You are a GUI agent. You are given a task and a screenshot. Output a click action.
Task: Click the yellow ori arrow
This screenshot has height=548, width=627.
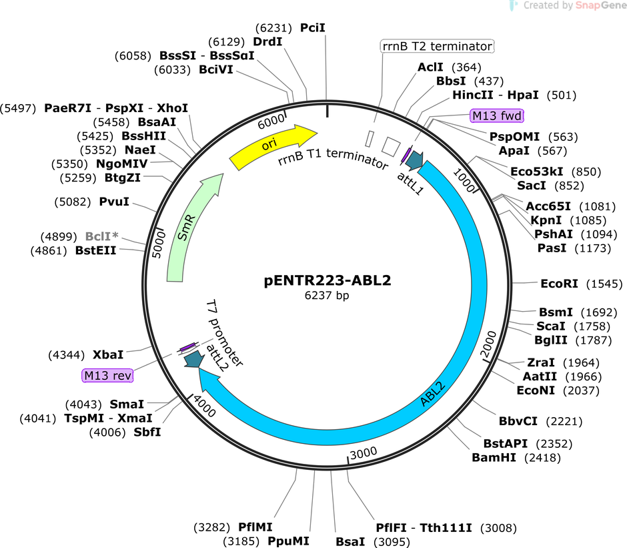(273, 146)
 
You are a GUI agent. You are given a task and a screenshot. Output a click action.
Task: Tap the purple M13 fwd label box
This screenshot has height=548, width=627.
(497, 115)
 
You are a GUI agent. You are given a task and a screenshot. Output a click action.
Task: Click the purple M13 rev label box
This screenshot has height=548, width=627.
(107, 376)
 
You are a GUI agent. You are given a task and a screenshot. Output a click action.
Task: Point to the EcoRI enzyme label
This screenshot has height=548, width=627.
(559, 284)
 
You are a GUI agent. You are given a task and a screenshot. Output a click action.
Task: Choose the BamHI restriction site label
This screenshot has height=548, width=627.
(494, 457)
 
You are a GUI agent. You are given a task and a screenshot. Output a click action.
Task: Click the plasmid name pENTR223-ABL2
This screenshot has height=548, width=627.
(327, 280)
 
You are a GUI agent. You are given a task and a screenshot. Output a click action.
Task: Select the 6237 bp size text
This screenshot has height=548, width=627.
(327, 296)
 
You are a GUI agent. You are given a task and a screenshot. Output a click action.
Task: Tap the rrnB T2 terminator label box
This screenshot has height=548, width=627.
(437, 47)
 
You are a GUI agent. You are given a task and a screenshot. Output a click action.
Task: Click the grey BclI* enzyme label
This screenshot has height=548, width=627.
(102, 236)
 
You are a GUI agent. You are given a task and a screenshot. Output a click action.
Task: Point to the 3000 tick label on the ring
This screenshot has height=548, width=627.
(364, 453)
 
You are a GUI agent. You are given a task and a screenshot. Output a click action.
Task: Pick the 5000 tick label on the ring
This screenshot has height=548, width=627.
(159, 244)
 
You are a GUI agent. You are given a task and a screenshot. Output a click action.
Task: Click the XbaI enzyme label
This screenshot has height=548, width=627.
(108, 354)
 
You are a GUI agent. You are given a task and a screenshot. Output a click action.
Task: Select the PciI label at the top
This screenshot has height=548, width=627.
(313, 28)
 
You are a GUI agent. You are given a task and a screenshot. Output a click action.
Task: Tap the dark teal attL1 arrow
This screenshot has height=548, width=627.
(414, 160)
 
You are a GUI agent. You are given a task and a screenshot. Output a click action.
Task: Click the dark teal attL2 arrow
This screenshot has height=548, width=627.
(194, 360)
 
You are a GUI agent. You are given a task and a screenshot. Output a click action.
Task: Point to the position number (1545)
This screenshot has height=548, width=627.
(604, 284)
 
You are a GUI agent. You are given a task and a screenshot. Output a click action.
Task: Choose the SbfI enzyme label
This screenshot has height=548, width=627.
(147, 433)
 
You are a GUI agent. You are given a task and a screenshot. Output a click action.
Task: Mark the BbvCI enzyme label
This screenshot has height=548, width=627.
(518, 421)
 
